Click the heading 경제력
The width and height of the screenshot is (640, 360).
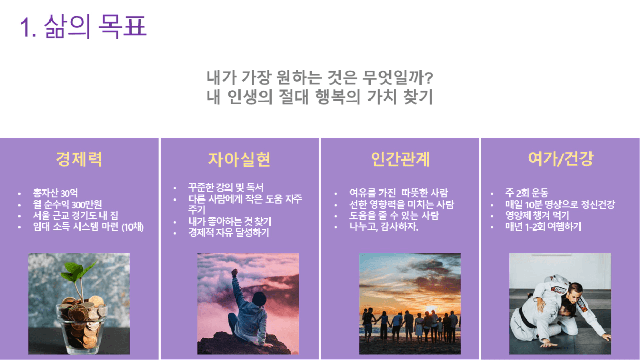[79, 159]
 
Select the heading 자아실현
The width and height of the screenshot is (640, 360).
[239, 159]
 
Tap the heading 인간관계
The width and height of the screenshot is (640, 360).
[401, 159]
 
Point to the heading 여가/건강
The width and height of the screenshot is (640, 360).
[561, 159]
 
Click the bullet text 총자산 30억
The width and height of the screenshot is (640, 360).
[55, 193]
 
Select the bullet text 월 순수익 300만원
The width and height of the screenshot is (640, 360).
[67, 204]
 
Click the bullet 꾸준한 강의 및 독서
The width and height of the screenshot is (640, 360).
[226, 187]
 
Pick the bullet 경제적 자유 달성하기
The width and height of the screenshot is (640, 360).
[228, 233]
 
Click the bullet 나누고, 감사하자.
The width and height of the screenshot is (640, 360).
[384, 227]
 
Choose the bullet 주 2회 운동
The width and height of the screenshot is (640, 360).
[526, 193]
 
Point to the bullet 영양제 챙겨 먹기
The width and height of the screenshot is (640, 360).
[537, 215]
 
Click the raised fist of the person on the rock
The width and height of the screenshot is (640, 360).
[235, 272]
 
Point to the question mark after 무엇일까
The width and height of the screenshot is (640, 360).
[429, 78]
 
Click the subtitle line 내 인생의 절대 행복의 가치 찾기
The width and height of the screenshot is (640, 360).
[319, 97]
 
